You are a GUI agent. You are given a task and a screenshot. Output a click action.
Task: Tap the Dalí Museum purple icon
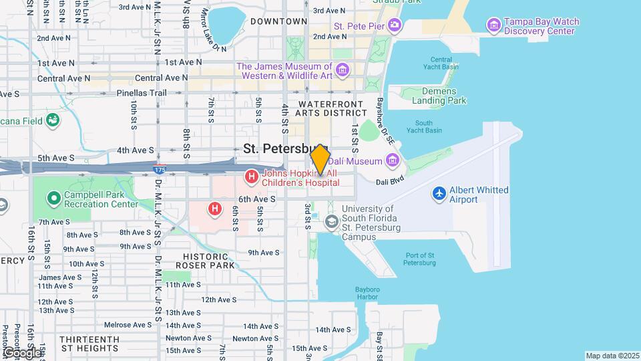click(391, 160)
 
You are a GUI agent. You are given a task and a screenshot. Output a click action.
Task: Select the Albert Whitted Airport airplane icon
click(439, 193)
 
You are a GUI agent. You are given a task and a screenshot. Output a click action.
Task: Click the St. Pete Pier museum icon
click(395, 26)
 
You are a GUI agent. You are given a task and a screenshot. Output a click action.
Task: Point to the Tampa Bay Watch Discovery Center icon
click(494, 26)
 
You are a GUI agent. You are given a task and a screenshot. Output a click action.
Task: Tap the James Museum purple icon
click(343, 70)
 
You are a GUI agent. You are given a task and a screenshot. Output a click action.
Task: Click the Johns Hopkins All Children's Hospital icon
click(252, 177)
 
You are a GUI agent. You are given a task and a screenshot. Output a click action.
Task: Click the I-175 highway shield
click(160, 170)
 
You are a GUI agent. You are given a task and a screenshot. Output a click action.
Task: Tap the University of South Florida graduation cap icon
click(331, 221)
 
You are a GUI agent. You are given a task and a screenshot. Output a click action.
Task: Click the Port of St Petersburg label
click(420, 259)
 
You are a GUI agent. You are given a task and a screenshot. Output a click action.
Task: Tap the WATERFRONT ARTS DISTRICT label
click(331, 109)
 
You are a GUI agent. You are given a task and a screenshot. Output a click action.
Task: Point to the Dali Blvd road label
click(391, 181)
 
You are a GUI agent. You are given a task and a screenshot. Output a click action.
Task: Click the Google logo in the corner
click(21, 352)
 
